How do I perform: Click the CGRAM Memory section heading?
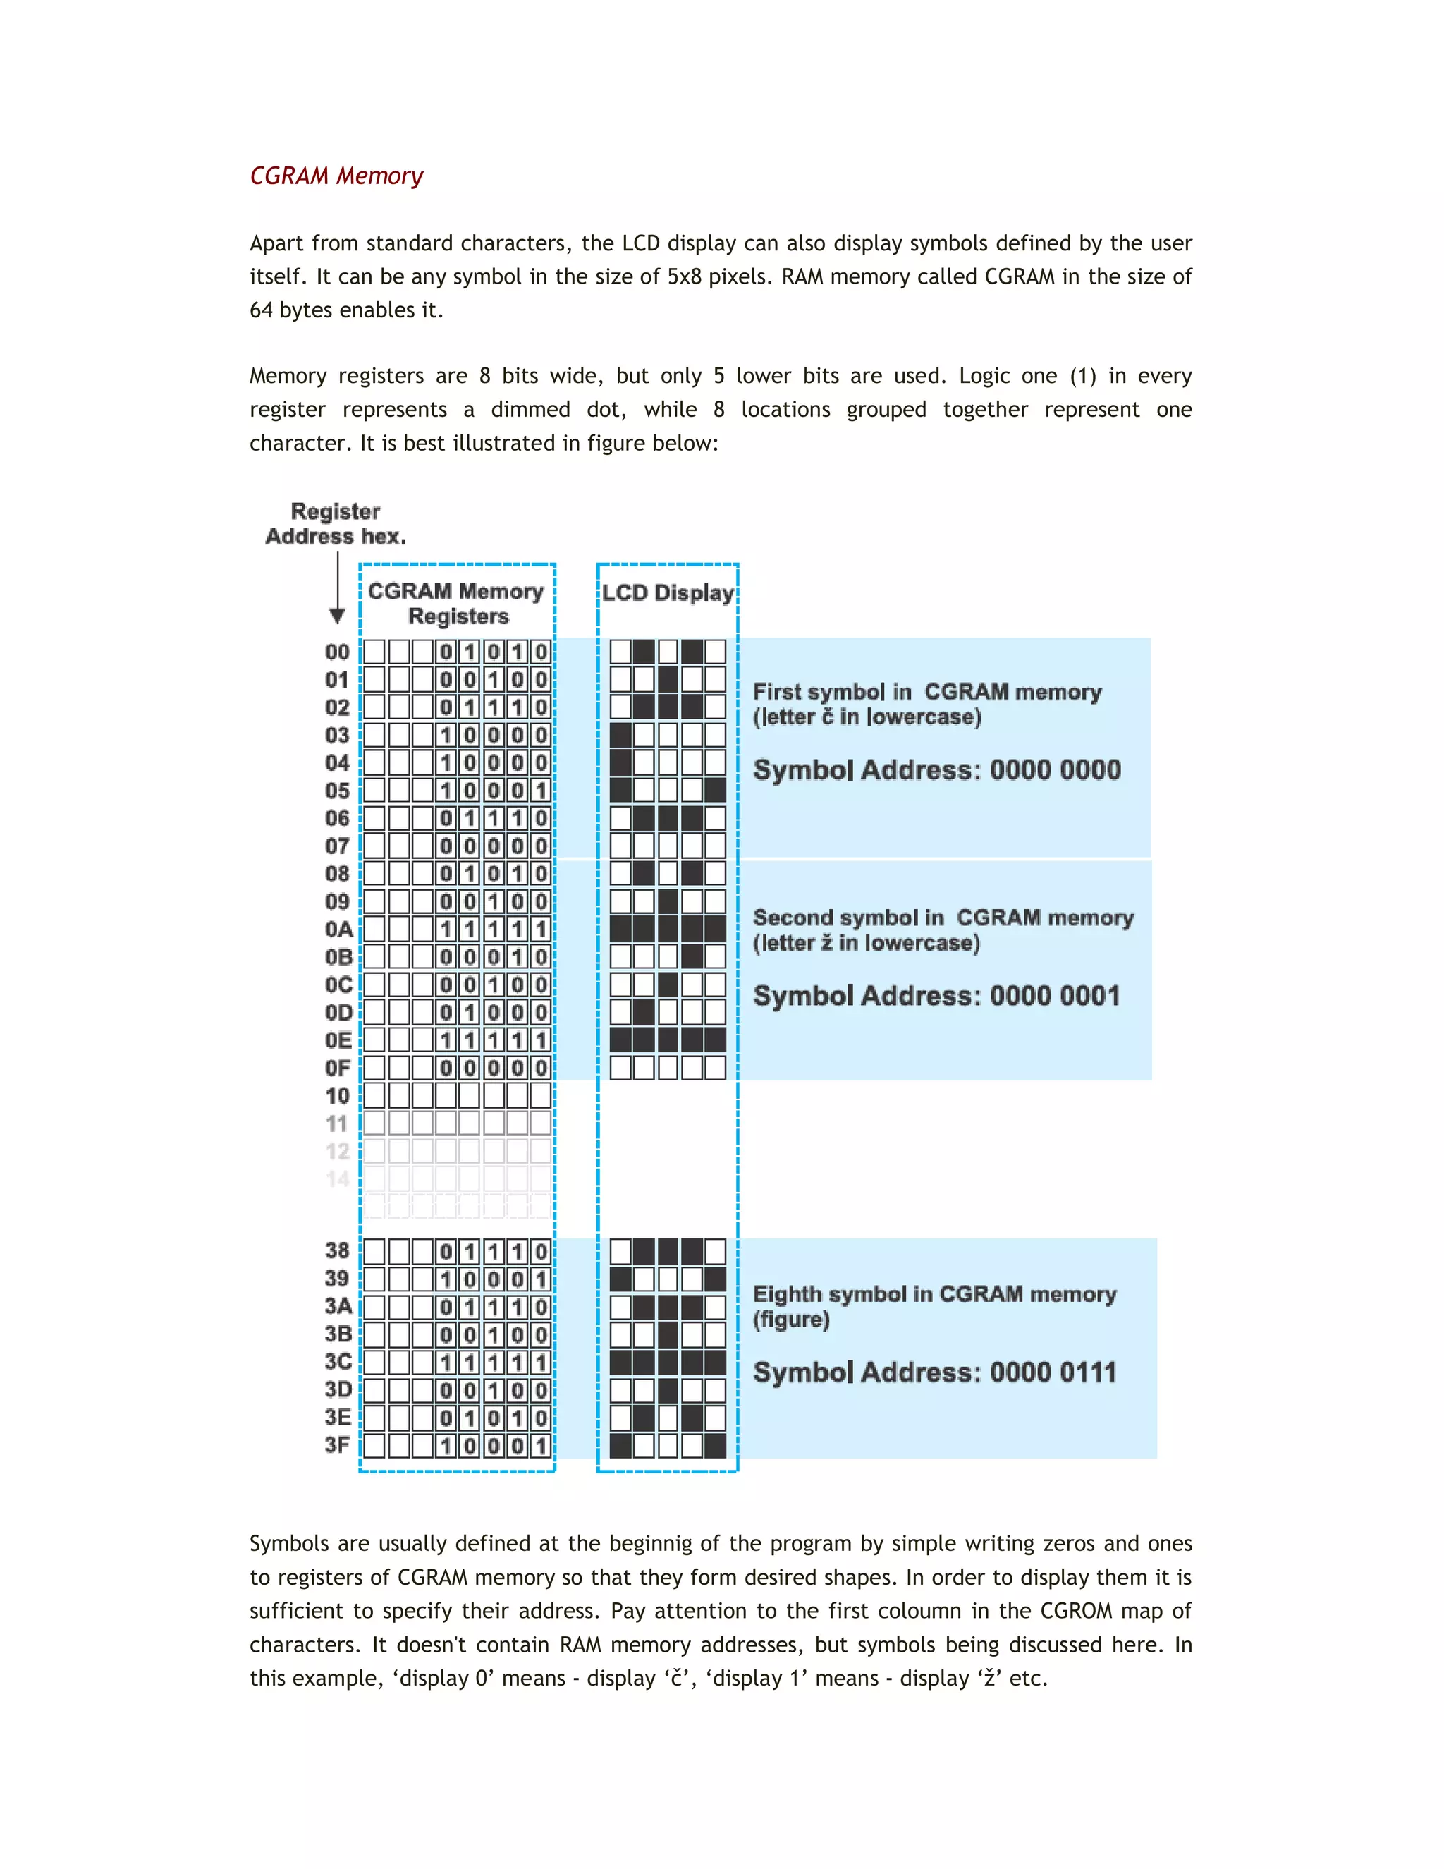point(336,176)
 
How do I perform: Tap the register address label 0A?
point(338,930)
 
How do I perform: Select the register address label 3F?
point(338,1444)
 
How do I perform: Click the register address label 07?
point(337,846)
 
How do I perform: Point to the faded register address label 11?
point(337,1124)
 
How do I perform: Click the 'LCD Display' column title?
point(667,592)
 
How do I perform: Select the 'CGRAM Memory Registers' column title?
point(457,603)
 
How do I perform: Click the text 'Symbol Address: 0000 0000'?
point(937,769)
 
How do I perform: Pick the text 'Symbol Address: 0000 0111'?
point(935,1372)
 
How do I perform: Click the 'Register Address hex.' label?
point(336,524)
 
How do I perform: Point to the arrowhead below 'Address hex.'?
point(337,616)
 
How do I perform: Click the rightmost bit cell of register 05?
point(541,791)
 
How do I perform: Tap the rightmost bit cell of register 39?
point(541,1279)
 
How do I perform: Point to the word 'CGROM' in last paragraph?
point(1076,1611)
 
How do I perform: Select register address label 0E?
point(338,1040)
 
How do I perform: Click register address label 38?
point(338,1250)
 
